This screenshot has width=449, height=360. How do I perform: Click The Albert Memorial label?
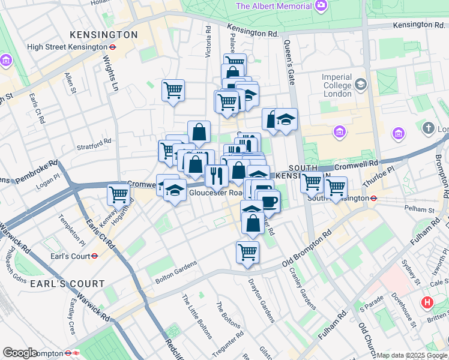pyautogui.click(x=274, y=6)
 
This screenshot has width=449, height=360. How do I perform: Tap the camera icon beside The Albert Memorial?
pyautogui.click(x=321, y=6)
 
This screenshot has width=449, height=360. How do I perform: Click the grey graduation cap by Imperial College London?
pyautogui.click(x=360, y=83)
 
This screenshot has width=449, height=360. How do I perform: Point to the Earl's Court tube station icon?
pyautogui.click(x=94, y=256)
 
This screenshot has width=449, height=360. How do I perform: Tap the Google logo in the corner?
pyautogui.click(x=20, y=353)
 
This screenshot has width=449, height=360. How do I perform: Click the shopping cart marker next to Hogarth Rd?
pyautogui.click(x=119, y=194)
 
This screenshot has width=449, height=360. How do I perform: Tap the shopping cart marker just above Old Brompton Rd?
pyautogui.click(x=247, y=252)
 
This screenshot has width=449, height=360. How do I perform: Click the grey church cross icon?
pyautogui.click(x=428, y=128)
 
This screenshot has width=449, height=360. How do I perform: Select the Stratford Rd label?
pyautogui.click(x=94, y=144)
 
